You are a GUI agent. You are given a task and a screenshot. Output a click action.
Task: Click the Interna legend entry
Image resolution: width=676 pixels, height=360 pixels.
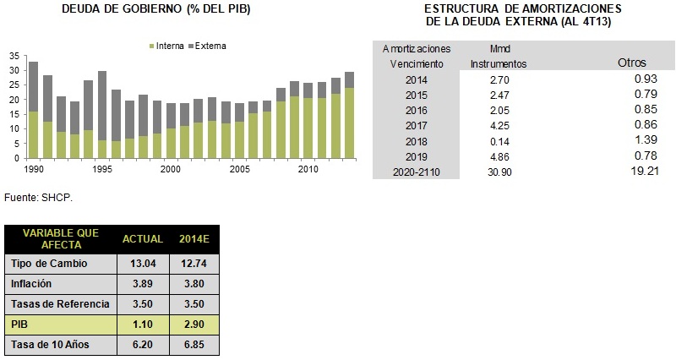(166, 46)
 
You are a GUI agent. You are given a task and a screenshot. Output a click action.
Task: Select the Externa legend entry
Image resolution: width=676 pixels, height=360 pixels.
(207, 46)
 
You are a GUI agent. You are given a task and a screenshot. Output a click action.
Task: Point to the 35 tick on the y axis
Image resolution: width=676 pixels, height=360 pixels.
(14, 56)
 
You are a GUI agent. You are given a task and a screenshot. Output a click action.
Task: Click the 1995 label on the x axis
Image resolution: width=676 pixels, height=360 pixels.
(102, 169)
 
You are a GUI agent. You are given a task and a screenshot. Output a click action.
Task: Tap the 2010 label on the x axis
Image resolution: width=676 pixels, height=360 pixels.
(308, 169)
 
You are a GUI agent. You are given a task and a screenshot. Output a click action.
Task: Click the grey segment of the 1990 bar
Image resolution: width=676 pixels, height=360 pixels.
(33, 87)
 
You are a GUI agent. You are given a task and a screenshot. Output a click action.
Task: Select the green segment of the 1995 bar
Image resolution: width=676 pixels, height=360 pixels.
(102, 150)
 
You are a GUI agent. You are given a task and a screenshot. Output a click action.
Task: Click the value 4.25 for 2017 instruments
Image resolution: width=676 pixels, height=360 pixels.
(500, 126)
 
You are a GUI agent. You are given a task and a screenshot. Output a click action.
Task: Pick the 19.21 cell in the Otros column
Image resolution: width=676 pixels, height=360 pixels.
(645, 171)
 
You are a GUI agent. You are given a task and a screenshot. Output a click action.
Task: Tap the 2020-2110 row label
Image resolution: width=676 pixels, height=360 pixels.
(417, 172)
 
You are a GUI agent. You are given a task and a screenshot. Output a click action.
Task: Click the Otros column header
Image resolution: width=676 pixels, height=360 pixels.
(632, 63)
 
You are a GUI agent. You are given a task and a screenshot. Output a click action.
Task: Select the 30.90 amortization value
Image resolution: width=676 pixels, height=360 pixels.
(499, 172)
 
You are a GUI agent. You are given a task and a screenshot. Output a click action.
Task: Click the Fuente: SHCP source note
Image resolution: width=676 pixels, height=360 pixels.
(38, 198)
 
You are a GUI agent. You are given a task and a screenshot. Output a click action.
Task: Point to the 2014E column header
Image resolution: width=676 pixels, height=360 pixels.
(194, 239)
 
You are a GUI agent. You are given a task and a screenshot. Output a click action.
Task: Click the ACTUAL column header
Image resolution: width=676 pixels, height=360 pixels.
(143, 239)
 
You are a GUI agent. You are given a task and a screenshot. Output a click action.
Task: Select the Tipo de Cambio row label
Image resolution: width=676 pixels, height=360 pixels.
(49, 264)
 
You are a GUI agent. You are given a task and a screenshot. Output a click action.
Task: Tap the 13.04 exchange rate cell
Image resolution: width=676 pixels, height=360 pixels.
(143, 264)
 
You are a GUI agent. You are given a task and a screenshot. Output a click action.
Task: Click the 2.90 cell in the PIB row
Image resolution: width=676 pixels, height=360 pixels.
(194, 325)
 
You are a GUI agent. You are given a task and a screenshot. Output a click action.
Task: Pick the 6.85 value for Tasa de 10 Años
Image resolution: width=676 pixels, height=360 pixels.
(194, 345)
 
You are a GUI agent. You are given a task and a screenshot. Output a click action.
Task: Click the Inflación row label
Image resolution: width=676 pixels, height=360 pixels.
(31, 284)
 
